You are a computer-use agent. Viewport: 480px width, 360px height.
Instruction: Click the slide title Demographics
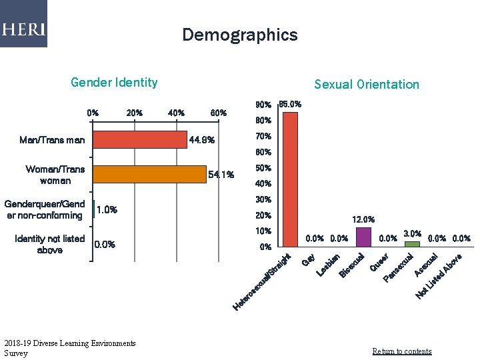[240, 35]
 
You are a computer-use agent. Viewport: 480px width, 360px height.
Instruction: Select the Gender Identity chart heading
[114, 83]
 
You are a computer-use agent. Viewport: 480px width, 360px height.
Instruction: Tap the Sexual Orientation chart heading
[367, 84]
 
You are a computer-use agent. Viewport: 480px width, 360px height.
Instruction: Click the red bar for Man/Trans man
[140, 139]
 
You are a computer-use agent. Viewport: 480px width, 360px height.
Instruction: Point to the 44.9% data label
[202, 140]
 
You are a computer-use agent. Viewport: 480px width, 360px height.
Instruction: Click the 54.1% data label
[221, 175]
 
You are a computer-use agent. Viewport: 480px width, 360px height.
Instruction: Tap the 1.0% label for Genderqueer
[107, 210]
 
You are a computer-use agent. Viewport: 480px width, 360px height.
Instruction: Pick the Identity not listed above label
[50, 244]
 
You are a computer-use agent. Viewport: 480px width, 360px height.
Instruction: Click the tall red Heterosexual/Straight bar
[291, 179]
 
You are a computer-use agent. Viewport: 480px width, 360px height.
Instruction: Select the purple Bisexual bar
[363, 237]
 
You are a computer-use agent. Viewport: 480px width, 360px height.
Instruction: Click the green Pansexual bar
[413, 244]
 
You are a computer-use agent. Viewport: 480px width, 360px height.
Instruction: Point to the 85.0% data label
[290, 104]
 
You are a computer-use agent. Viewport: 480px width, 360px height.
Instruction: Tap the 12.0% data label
[363, 219]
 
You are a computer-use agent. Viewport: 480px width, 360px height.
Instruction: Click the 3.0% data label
[412, 233]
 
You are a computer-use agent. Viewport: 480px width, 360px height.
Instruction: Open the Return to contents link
[401, 351]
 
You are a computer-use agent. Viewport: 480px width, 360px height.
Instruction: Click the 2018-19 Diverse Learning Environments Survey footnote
[69, 348]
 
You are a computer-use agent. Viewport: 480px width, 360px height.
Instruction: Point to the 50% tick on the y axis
[263, 168]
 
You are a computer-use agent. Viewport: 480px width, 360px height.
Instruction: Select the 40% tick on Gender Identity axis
[177, 113]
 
